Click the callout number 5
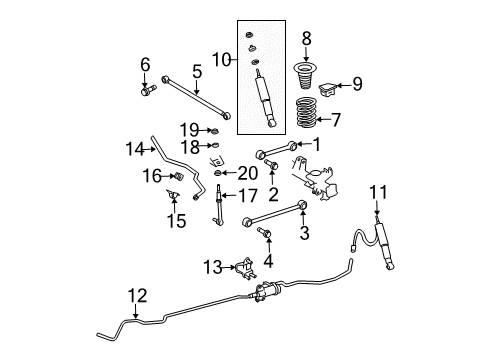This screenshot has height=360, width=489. [x=197, y=70]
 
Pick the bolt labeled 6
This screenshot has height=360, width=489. [x=147, y=93]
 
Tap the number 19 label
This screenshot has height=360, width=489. [x=188, y=129]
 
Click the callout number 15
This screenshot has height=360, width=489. [x=176, y=220]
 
